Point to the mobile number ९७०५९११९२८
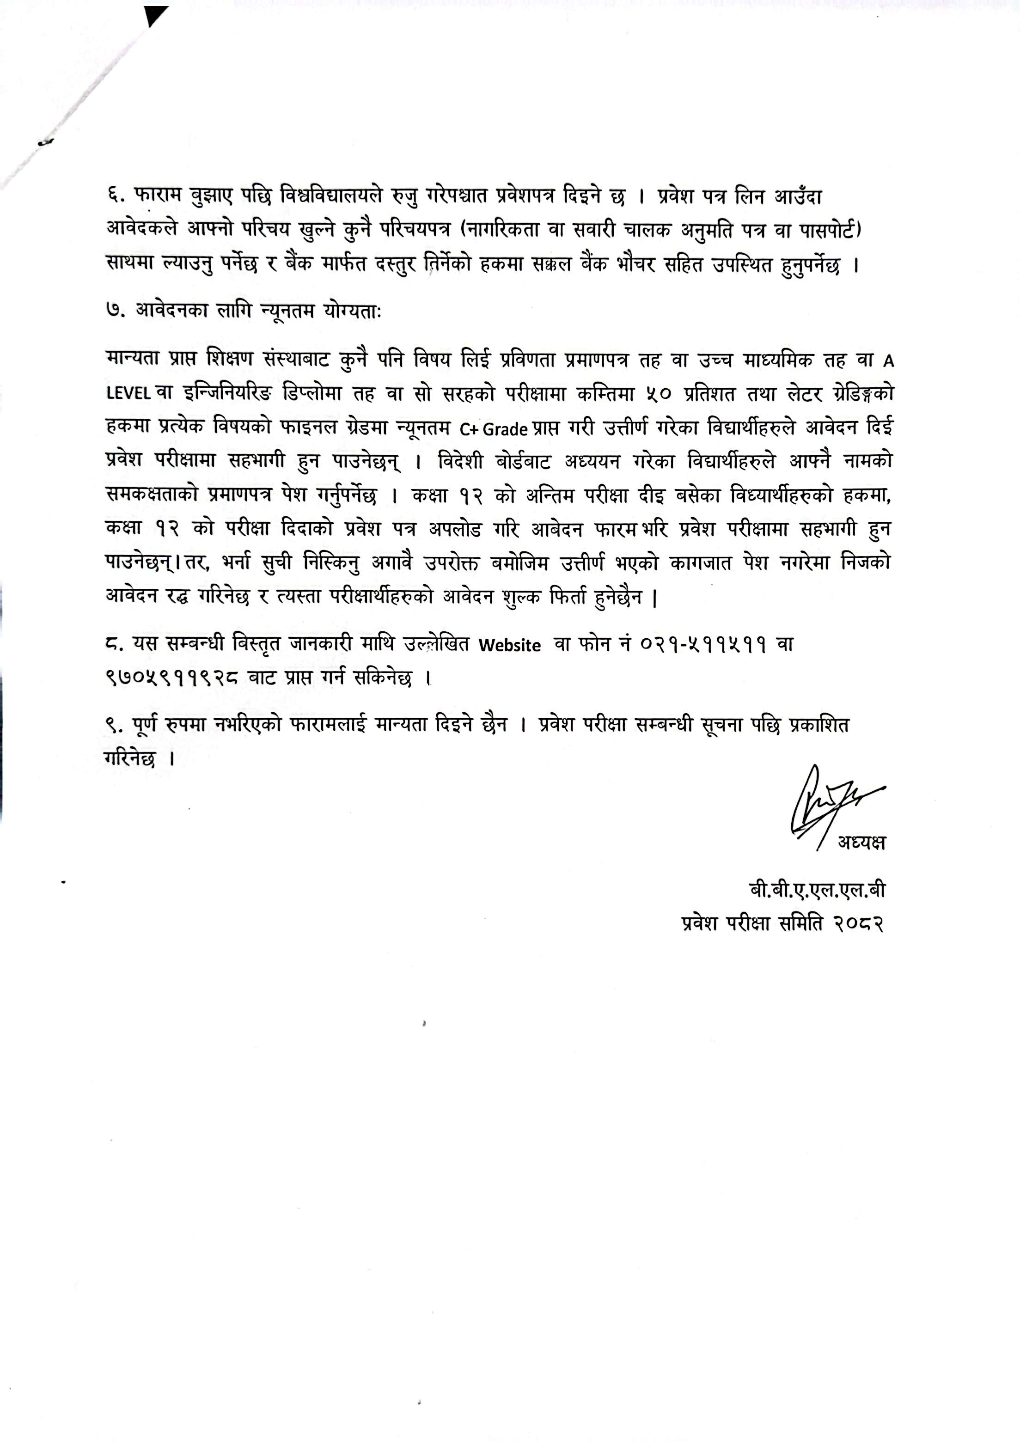click(x=171, y=678)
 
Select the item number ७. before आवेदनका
click(x=116, y=312)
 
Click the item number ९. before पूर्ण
click(x=116, y=726)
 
